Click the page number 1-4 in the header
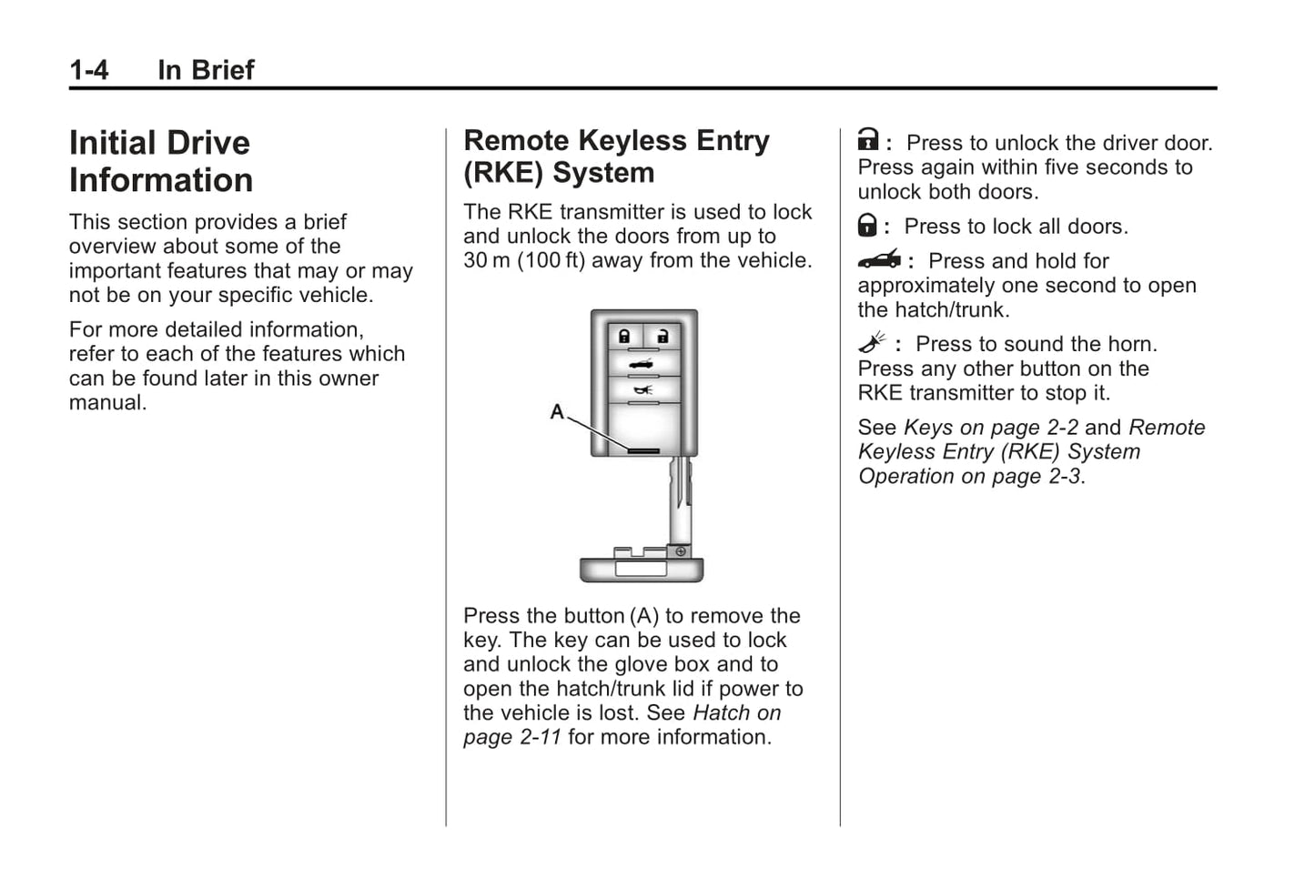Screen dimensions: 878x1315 [88, 70]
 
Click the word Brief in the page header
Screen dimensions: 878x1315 [223, 70]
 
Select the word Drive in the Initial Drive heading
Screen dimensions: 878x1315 [207, 144]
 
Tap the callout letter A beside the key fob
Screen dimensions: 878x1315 [557, 412]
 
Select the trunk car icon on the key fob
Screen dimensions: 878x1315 [642, 365]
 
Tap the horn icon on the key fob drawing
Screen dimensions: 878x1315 [642, 390]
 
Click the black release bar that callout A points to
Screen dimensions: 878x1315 [642, 449]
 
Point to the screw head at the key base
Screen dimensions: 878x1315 [680, 551]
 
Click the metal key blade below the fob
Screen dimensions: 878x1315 [680, 500]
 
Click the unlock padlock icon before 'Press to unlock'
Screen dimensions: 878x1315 [868, 140]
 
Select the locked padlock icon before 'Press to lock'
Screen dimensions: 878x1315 [868, 225]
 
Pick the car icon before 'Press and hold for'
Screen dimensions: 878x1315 [879, 260]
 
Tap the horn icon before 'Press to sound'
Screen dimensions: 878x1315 [872, 343]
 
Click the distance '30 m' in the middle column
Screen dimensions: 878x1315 [487, 261]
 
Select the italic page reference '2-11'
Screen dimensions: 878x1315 [540, 738]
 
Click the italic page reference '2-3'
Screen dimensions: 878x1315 [1064, 477]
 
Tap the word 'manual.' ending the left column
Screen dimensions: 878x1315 [108, 403]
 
